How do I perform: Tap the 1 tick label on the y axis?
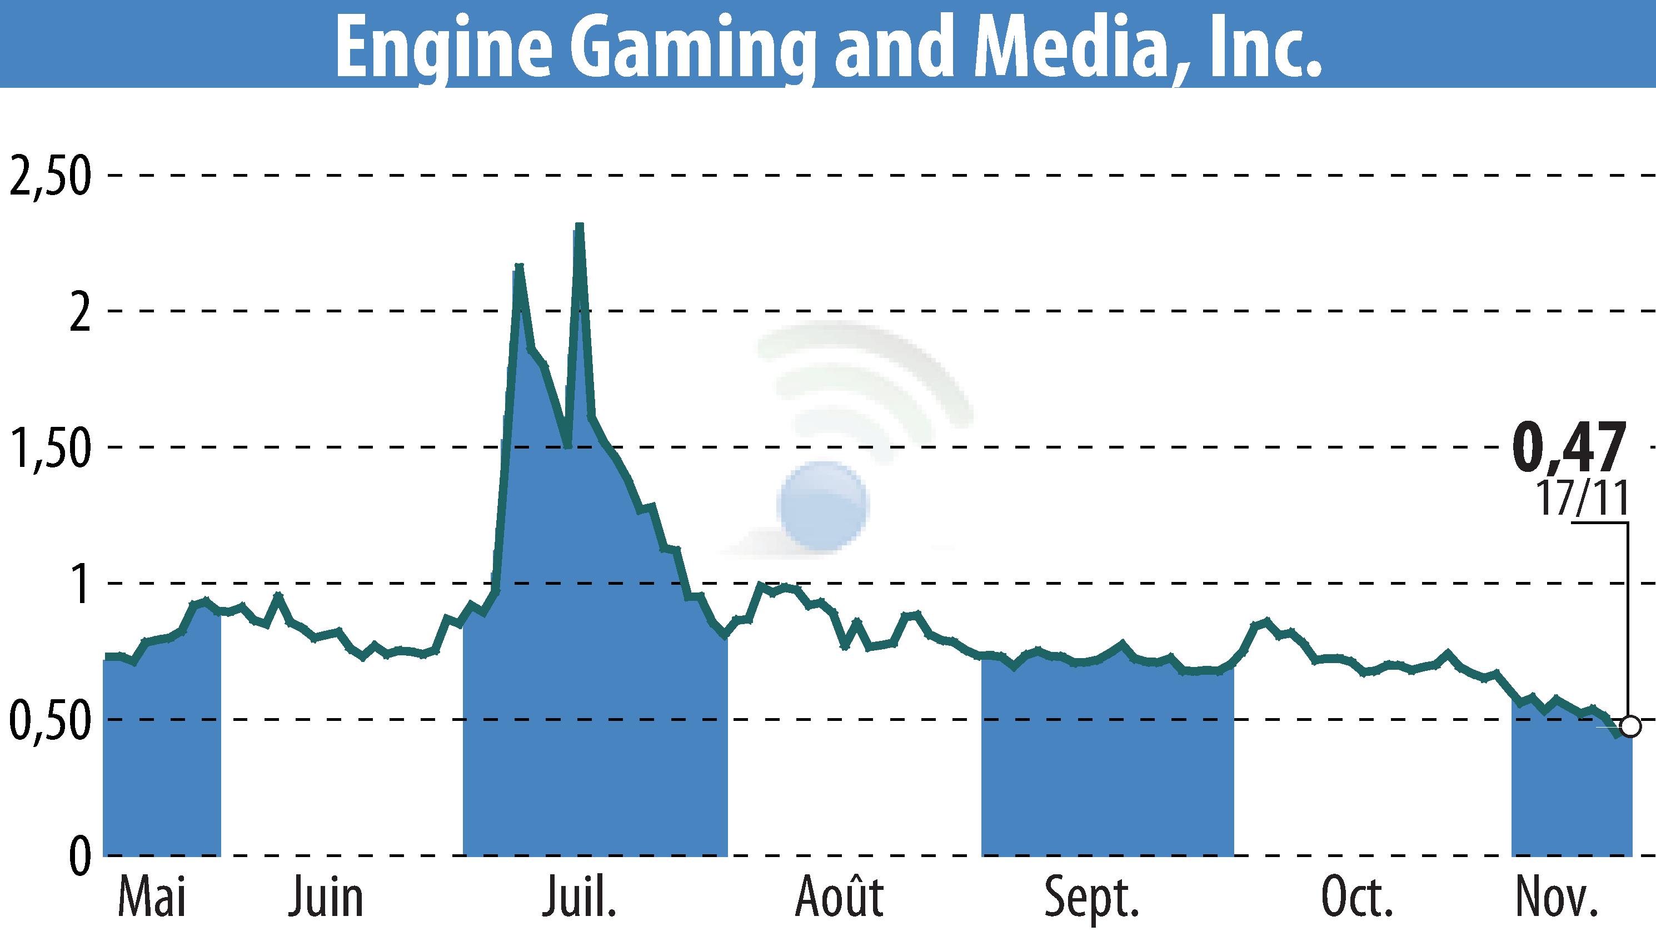tap(80, 584)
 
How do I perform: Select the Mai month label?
tap(152, 897)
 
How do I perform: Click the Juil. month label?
tap(579, 897)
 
